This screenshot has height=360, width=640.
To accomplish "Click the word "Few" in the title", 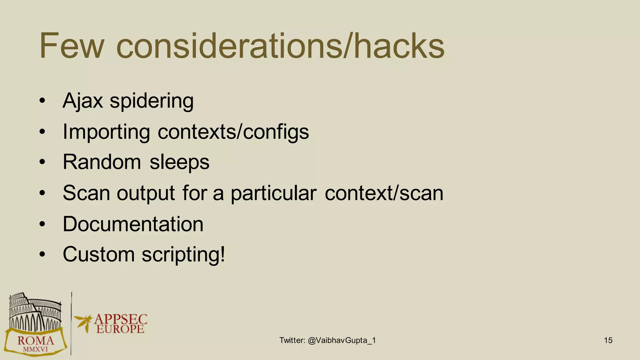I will (71, 46).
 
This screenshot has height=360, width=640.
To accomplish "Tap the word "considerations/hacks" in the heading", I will (280, 46).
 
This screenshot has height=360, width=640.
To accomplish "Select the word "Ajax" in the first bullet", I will (82, 101).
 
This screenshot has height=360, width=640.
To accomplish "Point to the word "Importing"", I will (106, 132).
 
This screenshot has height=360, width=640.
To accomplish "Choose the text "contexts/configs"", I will (233, 132).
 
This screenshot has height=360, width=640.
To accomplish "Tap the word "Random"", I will (102, 162).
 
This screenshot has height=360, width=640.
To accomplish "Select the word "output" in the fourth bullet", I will (146, 193).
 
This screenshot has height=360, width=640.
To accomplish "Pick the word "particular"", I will (273, 193).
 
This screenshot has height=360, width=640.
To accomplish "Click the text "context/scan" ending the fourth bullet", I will (384, 193).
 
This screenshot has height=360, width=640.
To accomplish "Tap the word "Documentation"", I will (133, 224).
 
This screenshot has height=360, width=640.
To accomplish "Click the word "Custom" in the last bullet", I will (98, 254).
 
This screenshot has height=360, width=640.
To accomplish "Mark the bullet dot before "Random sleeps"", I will (42, 162).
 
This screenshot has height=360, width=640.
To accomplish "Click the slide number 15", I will (608, 340).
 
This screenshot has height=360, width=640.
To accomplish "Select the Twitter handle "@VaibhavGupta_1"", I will (342, 340).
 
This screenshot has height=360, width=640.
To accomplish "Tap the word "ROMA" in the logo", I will (36, 340).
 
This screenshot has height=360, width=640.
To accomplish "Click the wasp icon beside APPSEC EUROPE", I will (83, 322).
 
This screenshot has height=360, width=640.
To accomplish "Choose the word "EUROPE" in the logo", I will (120, 329).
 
